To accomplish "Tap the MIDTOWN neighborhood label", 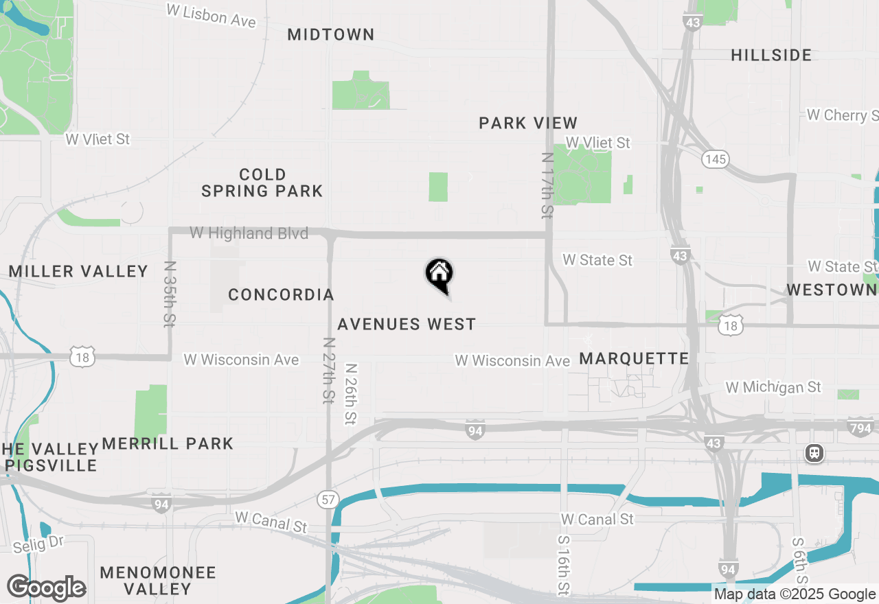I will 331,34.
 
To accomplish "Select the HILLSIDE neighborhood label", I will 771,55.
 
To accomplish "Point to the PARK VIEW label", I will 528,124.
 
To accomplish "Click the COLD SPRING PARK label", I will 262,183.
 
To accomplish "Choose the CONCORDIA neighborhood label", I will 281,295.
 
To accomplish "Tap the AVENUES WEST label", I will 407,324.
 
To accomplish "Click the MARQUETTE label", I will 634,358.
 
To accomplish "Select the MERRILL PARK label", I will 168,443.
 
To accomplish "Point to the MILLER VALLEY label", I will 78,271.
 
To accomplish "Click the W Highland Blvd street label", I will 249,233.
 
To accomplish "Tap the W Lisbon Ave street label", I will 212,15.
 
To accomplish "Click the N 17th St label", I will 547,185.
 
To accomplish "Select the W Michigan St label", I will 773,388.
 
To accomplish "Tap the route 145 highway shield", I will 715,159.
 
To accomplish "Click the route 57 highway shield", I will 328,499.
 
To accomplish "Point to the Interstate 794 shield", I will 860,427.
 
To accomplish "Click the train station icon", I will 814,453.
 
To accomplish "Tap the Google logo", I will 47,588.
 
